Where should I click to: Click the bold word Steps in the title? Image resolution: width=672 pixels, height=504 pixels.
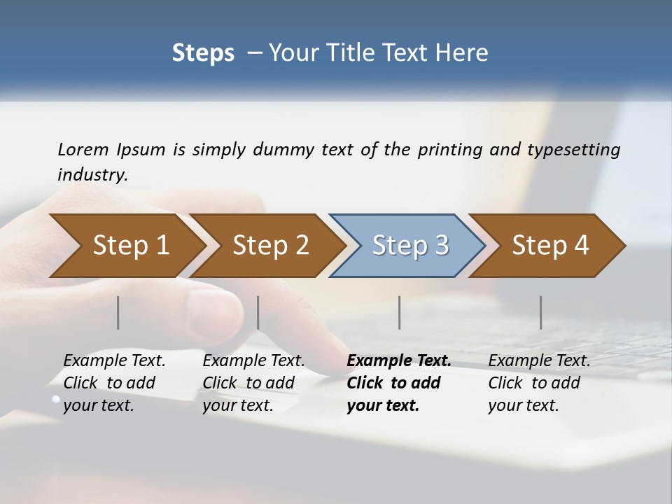point(203,53)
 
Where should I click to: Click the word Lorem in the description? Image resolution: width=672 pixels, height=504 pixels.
point(83,150)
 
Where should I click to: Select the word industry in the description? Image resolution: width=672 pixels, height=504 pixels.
point(92,175)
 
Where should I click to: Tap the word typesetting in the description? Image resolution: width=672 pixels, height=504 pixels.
point(573,150)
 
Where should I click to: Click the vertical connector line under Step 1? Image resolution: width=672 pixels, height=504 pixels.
point(118,312)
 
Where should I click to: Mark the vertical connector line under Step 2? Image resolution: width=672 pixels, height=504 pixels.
point(258,312)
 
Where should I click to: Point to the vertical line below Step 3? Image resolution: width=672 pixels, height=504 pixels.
point(400,312)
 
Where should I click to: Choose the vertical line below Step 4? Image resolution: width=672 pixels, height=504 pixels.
point(541,312)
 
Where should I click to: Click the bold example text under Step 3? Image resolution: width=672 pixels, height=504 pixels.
point(398,383)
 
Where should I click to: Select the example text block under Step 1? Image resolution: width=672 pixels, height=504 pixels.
point(114,383)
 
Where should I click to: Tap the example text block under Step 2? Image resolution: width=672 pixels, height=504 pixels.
point(253,383)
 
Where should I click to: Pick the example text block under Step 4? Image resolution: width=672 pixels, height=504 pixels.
point(539,383)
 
